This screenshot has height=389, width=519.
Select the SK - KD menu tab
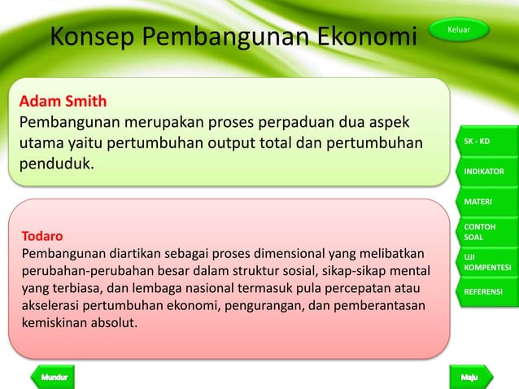tap(486, 142)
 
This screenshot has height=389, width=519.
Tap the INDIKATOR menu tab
tap(486, 172)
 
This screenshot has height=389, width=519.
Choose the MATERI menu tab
tap(486, 200)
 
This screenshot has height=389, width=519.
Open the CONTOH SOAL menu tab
tap(486, 231)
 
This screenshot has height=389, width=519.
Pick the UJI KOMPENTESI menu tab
tap(486, 261)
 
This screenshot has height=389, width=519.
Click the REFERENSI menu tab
tap(486, 291)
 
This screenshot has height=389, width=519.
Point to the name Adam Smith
tap(63, 103)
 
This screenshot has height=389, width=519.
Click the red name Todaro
tap(41, 237)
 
